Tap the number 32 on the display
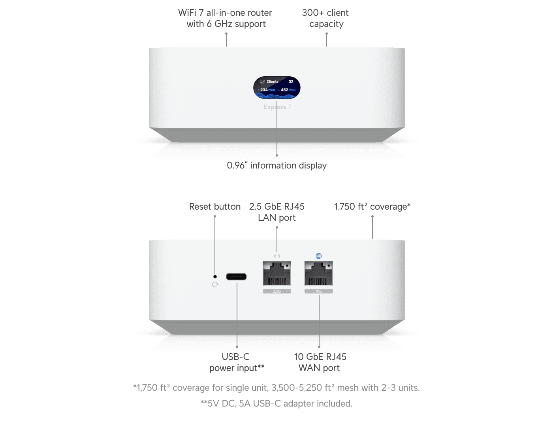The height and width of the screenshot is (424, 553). (291, 82)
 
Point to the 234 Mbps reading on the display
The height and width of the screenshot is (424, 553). (267, 90)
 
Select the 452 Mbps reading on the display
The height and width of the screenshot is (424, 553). (288, 90)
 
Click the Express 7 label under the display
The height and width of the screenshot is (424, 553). (277, 107)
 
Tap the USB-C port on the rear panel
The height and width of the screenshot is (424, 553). (236, 276)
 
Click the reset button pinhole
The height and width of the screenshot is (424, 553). (215, 276)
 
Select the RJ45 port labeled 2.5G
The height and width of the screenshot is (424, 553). (277, 273)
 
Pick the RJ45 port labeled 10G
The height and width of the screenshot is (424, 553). (318, 273)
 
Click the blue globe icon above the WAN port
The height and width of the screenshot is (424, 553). (319, 256)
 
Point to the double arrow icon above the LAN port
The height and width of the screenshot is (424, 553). (277, 256)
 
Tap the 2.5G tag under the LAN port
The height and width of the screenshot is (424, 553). (277, 291)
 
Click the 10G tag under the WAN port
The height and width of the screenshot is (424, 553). (318, 291)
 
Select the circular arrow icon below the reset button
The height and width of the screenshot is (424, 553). (215, 284)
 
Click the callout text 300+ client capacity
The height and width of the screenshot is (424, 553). (325, 18)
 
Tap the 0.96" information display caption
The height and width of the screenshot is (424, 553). (277, 165)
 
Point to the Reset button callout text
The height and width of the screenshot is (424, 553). (214, 206)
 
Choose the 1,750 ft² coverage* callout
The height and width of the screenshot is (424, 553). (372, 206)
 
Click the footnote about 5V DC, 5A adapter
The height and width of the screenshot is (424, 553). (276, 403)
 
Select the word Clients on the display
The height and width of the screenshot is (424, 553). (272, 82)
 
